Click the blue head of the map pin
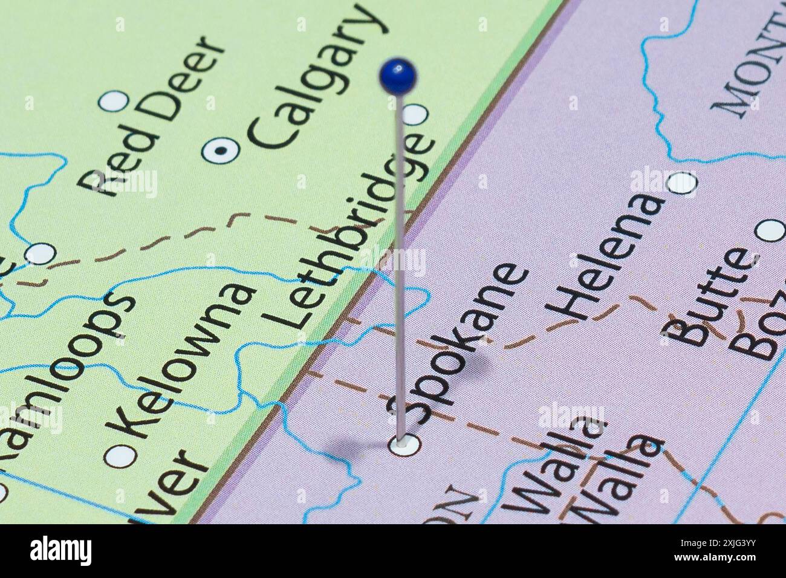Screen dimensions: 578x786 pos(398,76)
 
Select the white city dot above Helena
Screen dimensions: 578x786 pos(682,183)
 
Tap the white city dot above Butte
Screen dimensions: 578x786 pos(770,230)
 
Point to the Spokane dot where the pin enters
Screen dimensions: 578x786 pos(404,445)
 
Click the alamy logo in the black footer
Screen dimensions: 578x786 pos(61,551)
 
